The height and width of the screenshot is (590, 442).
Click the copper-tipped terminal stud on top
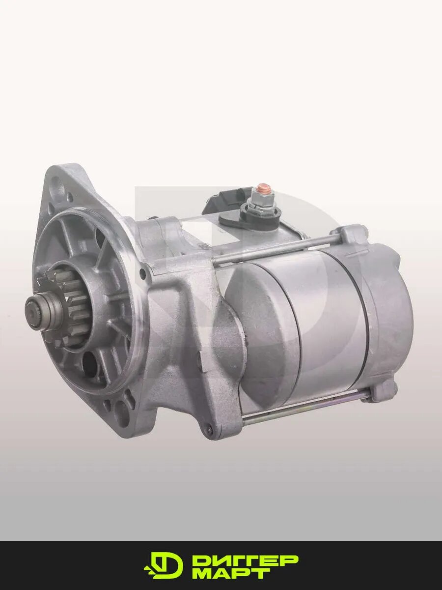261,187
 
